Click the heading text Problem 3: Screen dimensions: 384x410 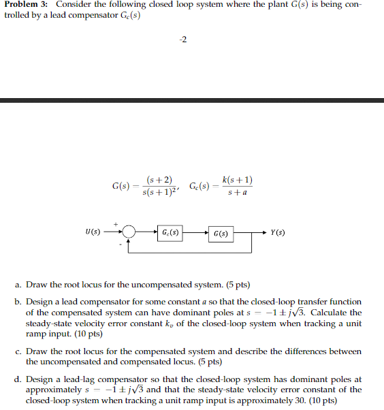26,5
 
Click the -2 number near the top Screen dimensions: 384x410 182,38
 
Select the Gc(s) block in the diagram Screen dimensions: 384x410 170,232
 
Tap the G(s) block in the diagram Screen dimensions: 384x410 220,233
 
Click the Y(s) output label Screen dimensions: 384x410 278,232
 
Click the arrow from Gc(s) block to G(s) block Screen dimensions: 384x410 196,232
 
